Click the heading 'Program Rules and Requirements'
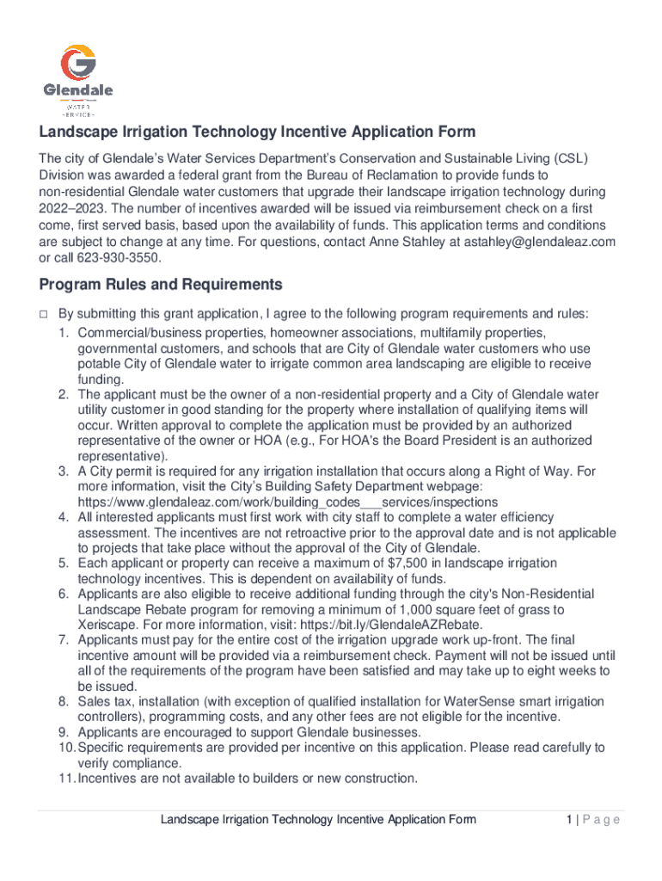click(158, 284)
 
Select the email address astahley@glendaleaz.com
click(539, 242)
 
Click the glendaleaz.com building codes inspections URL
click(287, 502)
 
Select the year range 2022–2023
click(72, 209)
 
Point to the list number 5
click(64, 563)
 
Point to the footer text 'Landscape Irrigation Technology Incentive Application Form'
click(318, 820)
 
